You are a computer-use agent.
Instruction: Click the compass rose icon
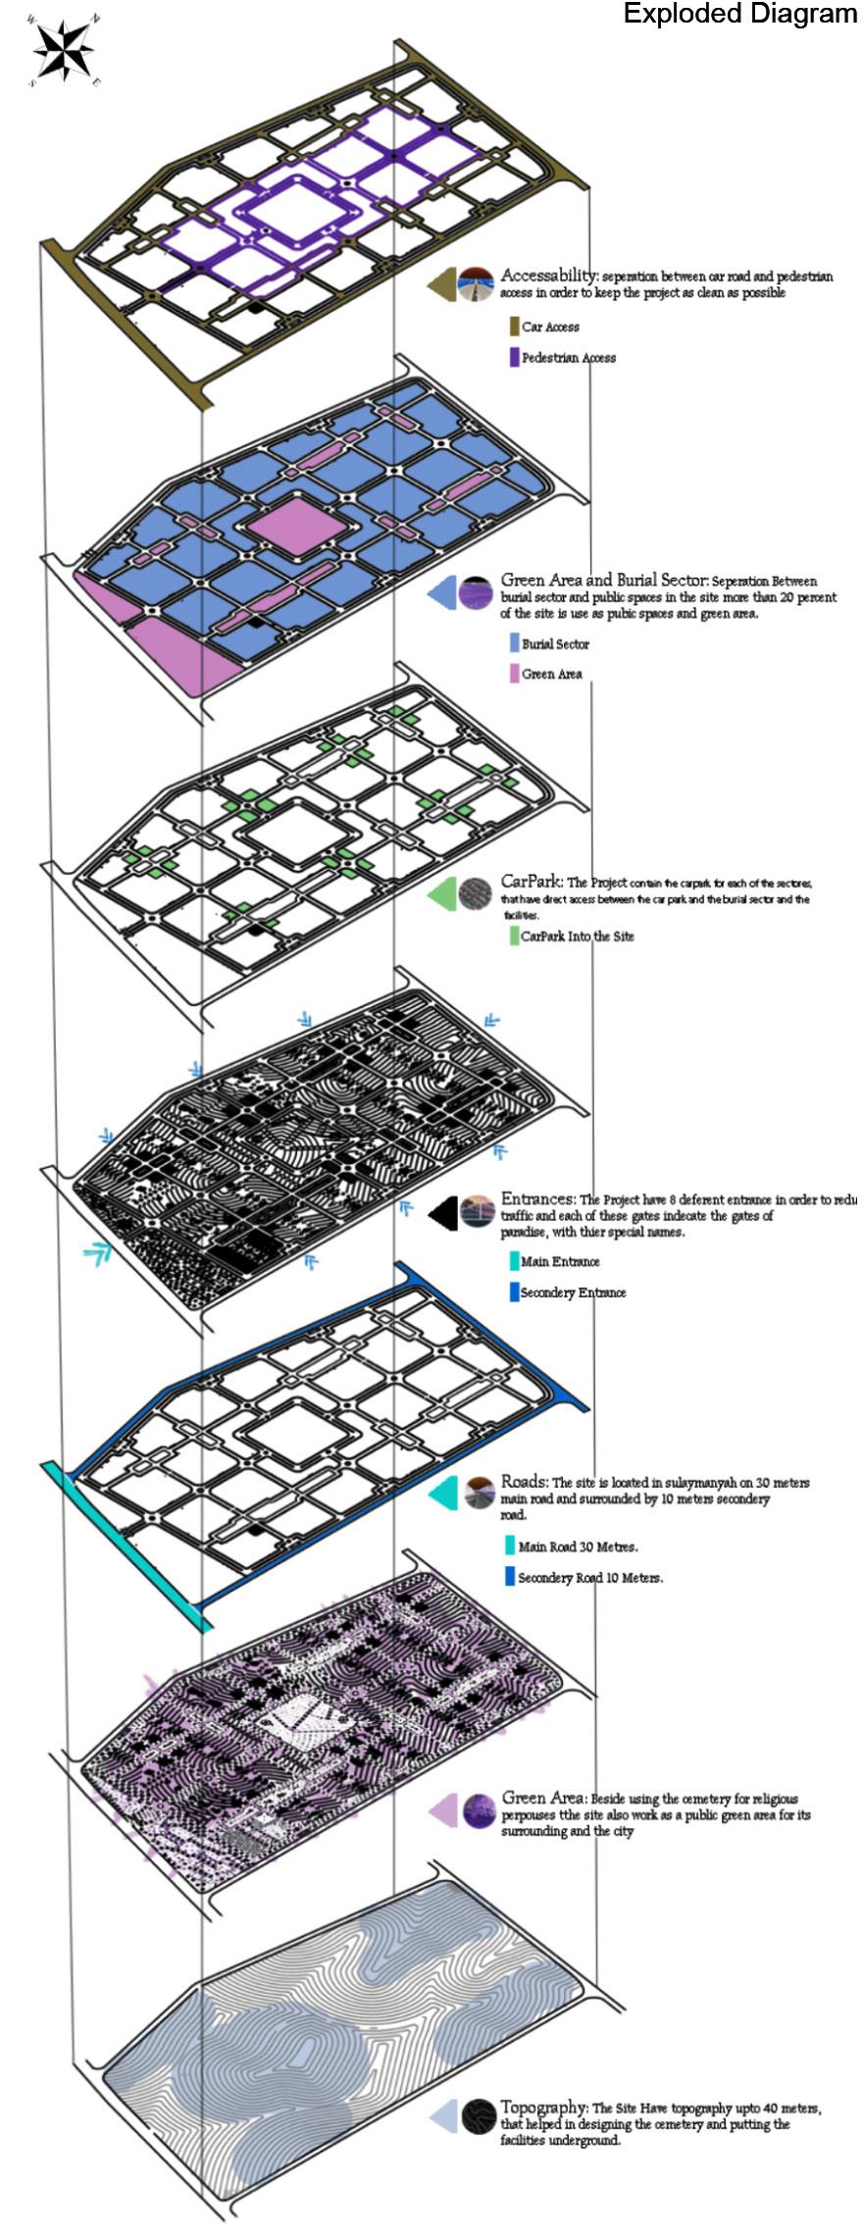tap(64, 50)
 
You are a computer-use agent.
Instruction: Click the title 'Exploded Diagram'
tap(740, 14)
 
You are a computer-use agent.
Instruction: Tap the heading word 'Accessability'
tap(548, 275)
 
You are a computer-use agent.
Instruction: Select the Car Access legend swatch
tap(514, 327)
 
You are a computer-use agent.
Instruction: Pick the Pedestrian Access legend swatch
tap(514, 357)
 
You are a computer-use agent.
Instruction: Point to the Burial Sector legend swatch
tap(514, 643)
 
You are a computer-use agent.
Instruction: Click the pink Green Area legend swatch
tap(514, 674)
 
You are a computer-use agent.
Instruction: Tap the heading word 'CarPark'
tap(530, 881)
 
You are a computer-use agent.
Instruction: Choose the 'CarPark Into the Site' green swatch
tap(514, 936)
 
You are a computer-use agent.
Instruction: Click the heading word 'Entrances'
tap(537, 1198)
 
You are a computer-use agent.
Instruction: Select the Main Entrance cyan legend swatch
tap(514, 1261)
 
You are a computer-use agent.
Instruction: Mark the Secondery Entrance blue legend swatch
tap(514, 1292)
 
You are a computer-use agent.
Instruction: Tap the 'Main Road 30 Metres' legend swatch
tap(509, 1547)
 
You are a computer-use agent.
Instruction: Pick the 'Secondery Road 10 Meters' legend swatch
tap(509, 1577)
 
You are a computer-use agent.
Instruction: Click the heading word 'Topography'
tap(543, 2107)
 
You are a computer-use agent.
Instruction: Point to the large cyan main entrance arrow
tap(96, 1252)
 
